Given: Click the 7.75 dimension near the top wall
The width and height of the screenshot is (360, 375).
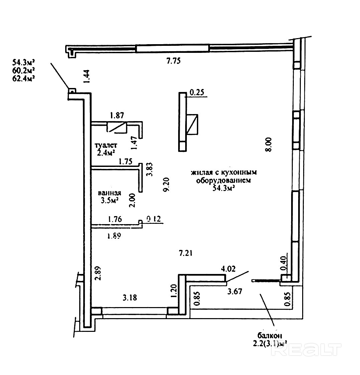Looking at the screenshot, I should (x=173, y=61).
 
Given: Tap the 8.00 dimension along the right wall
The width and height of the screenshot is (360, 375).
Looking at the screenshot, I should (x=268, y=145).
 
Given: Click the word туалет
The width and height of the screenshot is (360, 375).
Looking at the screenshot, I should (x=106, y=146).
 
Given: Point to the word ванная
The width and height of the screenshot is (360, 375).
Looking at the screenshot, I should (x=109, y=193).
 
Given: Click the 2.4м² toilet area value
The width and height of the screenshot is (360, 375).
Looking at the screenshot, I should (x=106, y=153).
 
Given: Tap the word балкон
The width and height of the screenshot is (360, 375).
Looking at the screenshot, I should (x=270, y=336).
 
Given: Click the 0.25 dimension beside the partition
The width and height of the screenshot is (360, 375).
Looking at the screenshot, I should (x=197, y=92).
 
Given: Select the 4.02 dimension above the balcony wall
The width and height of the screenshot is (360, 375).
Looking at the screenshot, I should (x=229, y=268).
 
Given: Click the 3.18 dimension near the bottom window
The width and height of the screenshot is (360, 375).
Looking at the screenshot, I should (x=130, y=297).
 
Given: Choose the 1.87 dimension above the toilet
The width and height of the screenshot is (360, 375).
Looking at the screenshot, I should (x=117, y=116).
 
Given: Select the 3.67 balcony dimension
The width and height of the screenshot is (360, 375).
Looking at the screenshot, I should (x=234, y=291).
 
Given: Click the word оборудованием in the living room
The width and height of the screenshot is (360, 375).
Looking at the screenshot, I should (x=223, y=180).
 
